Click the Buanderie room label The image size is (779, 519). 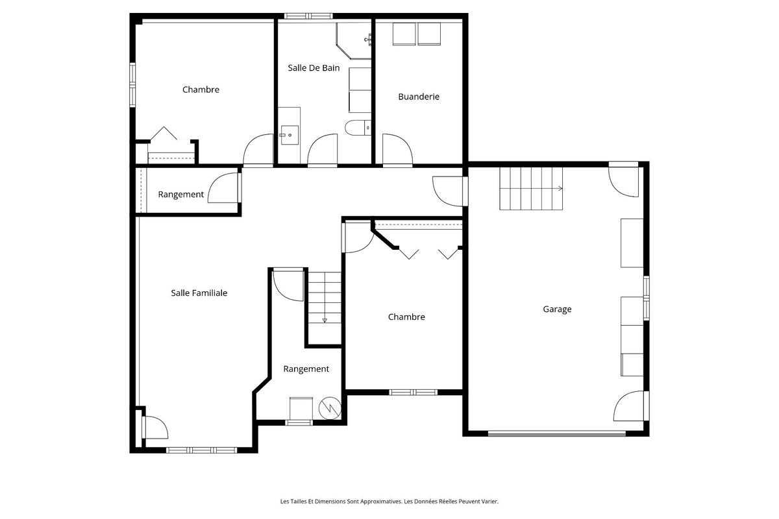click(x=418, y=97)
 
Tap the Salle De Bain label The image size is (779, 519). click(x=314, y=67)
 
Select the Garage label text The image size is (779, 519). click(x=557, y=309)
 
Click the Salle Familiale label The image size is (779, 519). click(x=199, y=293)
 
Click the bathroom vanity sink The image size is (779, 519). click(x=290, y=135)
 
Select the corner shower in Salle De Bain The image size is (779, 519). click(x=354, y=41)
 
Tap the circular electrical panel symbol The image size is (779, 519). click(x=330, y=408)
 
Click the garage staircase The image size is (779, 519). click(x=531, y=189)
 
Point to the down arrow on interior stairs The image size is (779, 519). click(x=325, y=320)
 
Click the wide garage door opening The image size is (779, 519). click(x=557, y=433)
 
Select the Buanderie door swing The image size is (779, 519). click(x=397, y=149)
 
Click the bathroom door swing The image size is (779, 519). click(x=323, y=149)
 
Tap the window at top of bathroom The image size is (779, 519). click(x=308, y=16)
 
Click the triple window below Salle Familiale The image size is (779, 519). click(x=201, y=450)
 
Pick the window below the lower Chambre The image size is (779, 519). click(x=413, y=392)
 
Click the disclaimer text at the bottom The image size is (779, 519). click(x=389, y=501)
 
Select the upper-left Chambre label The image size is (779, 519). click(x=201, y=90)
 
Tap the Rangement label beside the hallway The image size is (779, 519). click(x=181, y=195)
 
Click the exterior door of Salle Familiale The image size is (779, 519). click(x=155, y=428)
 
